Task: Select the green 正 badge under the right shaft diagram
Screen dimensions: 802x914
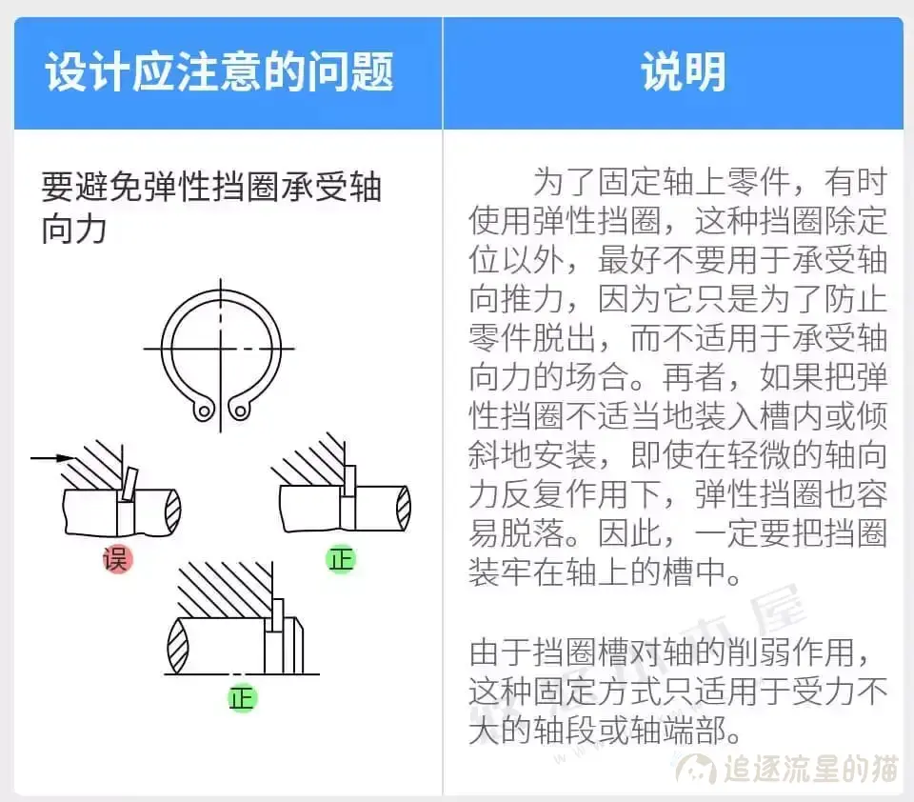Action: coord(340,558)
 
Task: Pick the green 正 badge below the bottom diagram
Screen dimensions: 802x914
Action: coord(242,698)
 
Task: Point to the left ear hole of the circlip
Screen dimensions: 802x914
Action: coord(202,411)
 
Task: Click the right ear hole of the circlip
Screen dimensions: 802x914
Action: coord(240,411)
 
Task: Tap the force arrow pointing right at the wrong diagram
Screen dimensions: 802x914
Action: coord(52,458)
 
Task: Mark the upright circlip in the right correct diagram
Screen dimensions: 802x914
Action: coord(349,481)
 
